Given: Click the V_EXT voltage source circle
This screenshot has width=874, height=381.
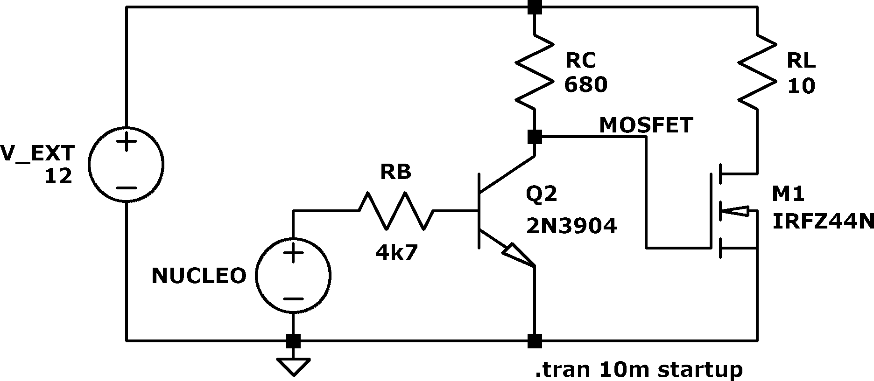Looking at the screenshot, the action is coord(89,165).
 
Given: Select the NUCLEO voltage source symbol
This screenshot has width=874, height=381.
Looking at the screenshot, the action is coord(256,276).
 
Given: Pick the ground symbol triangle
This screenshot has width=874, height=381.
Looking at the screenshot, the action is coord(293,367).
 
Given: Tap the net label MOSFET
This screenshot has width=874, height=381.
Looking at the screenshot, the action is coord(646,125).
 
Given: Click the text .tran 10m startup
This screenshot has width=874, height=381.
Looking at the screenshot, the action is coord(639,370).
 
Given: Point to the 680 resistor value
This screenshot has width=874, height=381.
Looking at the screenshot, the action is coord(586,85).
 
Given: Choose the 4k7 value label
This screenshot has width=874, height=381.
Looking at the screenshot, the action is coord(396,253).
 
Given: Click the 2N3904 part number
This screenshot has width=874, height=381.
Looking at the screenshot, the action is coord(571,226).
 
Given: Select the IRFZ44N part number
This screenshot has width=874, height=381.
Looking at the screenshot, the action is coord(823,222).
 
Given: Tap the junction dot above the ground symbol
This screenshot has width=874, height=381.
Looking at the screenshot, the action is coord(293,341).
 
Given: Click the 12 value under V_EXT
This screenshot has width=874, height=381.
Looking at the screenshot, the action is coord(58,176).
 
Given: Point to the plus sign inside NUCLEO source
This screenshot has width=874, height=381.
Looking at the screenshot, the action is coord(293,254).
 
